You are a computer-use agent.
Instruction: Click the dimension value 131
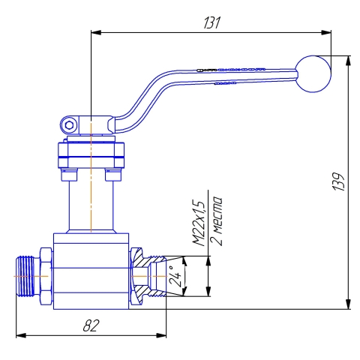click(x=212, y=22)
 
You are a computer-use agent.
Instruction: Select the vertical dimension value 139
click(x=339, y=181)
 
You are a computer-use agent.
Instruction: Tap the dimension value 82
click(x=91, y=325)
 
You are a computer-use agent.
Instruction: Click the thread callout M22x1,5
click(x=199, y=223)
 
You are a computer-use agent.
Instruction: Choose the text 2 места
click(x=216, y=221)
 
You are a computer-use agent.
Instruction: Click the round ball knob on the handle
click(x=313, y=73)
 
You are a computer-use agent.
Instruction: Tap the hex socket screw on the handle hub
click(x=69, y=125)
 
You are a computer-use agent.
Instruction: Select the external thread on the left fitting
click(x=25, y=276)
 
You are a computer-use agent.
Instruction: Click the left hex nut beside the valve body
click(x=46, y=276)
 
